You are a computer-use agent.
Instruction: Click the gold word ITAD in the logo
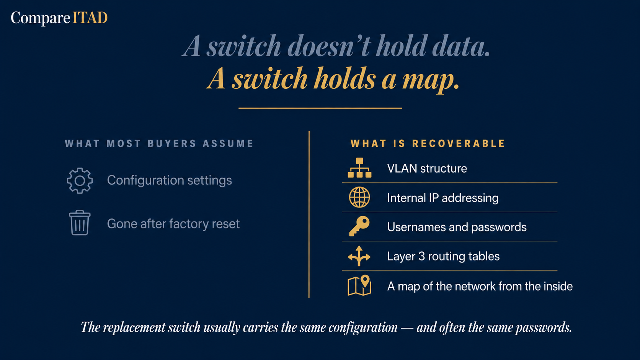90,18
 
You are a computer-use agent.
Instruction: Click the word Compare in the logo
41,18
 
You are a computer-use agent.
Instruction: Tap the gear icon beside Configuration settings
80,181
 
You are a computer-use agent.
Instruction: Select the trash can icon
80,223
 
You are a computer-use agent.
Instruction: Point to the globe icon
359,197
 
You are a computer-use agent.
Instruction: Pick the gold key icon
359,226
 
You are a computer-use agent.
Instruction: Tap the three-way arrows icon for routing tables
359,256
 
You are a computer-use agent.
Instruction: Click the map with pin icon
359,285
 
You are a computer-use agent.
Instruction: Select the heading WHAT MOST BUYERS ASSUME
159,143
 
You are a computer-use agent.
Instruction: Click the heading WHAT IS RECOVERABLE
428,143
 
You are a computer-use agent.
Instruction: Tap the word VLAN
398,168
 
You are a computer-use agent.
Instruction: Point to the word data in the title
461,46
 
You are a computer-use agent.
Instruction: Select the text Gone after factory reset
173,224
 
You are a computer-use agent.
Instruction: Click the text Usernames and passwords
457,227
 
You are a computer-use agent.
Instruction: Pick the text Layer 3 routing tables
443,256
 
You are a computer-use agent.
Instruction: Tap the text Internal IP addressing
442,198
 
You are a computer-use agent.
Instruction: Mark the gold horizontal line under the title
320,108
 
